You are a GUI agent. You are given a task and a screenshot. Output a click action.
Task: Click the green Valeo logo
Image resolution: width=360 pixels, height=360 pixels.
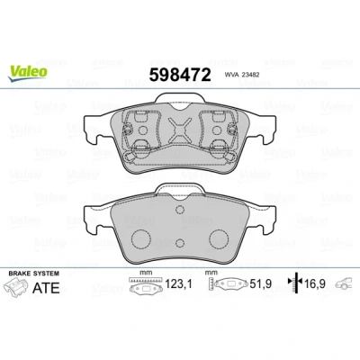28,73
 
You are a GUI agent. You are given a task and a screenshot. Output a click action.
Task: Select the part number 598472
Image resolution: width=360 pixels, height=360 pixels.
180,75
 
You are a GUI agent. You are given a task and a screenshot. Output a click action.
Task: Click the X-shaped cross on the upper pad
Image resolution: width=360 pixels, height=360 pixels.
179,130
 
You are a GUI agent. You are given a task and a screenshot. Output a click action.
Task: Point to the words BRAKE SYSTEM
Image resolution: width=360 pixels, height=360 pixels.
34,274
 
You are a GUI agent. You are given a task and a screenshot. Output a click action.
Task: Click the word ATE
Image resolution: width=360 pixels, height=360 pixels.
46,288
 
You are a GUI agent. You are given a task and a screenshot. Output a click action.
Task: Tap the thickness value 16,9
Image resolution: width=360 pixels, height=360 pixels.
315,283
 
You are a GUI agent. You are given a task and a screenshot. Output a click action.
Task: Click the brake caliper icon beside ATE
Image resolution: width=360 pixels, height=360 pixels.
16,287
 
